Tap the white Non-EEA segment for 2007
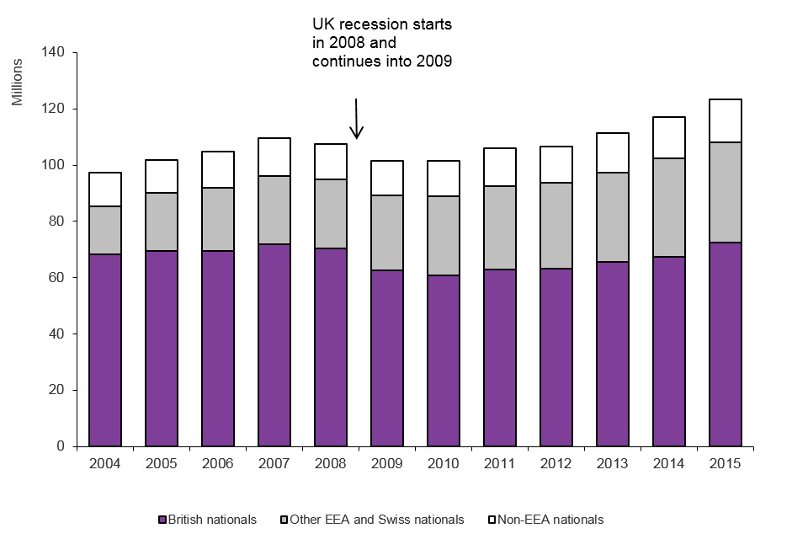[274, 157]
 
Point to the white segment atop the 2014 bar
[669, 137]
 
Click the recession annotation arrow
[357, 119]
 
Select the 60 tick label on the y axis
[57, 278]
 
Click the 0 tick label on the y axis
[61, 446]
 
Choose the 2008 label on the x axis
[331, 463]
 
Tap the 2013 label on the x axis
[613, 463]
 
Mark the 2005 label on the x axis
[162, 463]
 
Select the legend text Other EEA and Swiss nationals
[376, 520]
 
